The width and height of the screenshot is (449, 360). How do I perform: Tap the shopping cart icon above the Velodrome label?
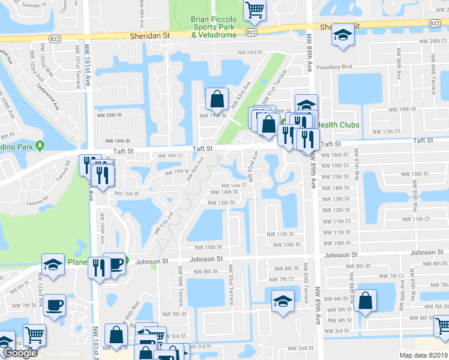tap(255, 10)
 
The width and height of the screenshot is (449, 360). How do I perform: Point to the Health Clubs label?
tap(337, 125)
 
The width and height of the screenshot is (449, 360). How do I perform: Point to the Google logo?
tap(19, 353)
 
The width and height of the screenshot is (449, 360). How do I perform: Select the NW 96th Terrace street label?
tap(181, 290)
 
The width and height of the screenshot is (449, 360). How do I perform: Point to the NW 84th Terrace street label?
tap(432, 70)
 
